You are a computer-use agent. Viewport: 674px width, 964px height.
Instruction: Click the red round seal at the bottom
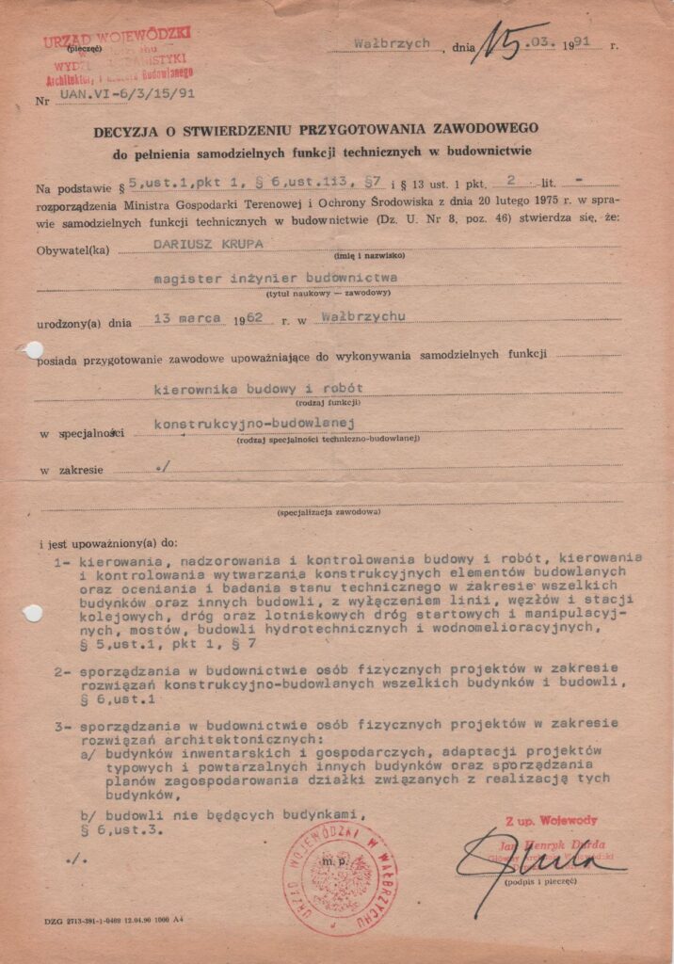click(x=340, y=879)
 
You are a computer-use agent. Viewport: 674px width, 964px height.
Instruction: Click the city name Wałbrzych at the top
click(x=393, y=43)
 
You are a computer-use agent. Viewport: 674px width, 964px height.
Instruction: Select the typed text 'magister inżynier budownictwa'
click(x=276, y=279)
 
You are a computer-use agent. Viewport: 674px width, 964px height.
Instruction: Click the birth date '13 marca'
click(x=180, y=316)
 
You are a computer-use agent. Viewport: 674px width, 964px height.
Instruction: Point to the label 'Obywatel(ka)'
click(x=70, y=250)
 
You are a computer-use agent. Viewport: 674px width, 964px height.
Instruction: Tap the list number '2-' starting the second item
click(x=62, y=672)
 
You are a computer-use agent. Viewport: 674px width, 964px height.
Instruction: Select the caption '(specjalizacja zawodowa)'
click(x=329, y=512)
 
